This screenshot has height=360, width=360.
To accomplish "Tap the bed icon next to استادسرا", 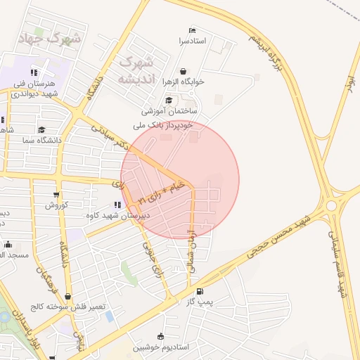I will (192, 31).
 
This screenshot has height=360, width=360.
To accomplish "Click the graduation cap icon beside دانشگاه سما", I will (42, 129).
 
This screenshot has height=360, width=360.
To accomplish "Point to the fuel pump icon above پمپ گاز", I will (200, 291).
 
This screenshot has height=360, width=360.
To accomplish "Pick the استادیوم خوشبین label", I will (161, 347).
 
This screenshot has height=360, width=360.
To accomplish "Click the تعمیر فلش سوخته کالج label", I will (67, 307).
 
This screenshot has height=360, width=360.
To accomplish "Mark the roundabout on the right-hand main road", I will (331, 205).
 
